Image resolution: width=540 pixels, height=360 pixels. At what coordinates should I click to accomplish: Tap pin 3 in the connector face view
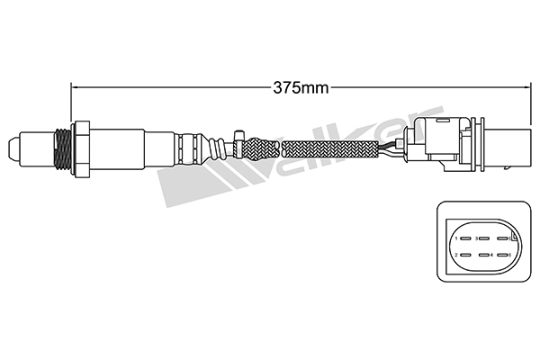coord(482,239)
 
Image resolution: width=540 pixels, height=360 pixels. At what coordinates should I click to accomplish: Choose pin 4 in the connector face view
coord(482,256)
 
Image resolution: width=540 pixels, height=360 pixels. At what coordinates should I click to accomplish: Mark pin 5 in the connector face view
coord(501,239)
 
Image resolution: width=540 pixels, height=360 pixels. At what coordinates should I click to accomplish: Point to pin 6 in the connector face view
coord(501,256)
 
